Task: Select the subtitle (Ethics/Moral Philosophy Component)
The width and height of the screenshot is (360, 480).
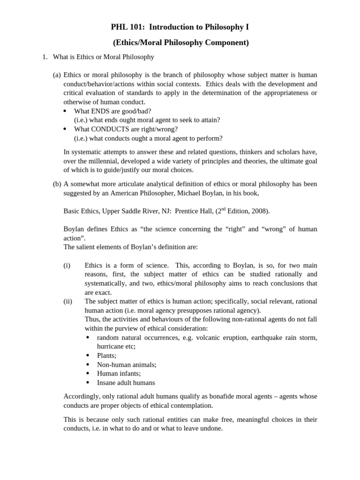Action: [x=180, y=43]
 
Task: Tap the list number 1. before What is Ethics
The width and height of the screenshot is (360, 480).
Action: [x=45, y=57]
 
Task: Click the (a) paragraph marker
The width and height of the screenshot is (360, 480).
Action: [x=57, y=75]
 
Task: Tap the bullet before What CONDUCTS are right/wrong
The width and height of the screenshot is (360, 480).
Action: [x=65, y=129]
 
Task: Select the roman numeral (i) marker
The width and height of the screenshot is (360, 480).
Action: [x=67, y=265]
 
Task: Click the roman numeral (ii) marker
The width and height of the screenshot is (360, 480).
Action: [x=68, y=301]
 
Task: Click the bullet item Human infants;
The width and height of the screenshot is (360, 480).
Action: [x=119, y=374]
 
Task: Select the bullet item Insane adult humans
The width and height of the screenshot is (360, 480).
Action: [x=126, y=382]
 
